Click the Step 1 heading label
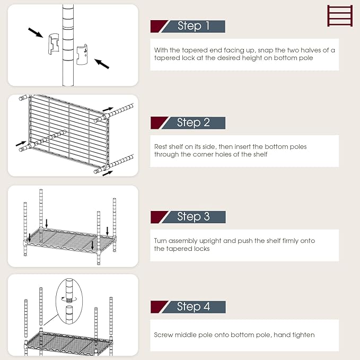click(193, 26)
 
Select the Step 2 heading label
click(193, 122)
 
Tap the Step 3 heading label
click(193, 216)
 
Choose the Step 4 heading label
click(193, 306)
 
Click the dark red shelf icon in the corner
click(339, 15)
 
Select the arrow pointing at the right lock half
click(102, 64)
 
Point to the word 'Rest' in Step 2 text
click(161, 146)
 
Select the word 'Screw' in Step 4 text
click(164, 335)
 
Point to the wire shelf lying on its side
click(66, 130)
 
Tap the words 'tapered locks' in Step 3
click(187, 249)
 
